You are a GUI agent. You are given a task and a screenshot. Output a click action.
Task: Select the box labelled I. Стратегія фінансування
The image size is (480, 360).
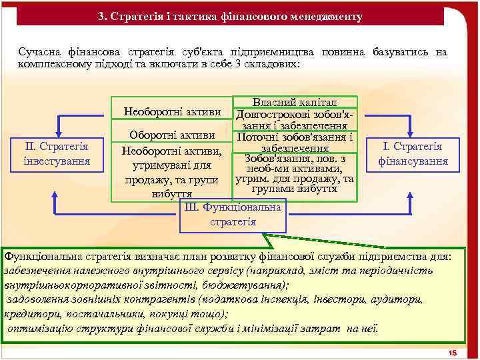tap(413, 153)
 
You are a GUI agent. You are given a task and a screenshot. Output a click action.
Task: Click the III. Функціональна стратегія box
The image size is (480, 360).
tap(233, 215)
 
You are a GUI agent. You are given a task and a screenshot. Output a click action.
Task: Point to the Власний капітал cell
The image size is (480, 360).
tap(294, 103)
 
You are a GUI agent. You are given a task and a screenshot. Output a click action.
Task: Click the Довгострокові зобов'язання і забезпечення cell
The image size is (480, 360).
tap(294, 119)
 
